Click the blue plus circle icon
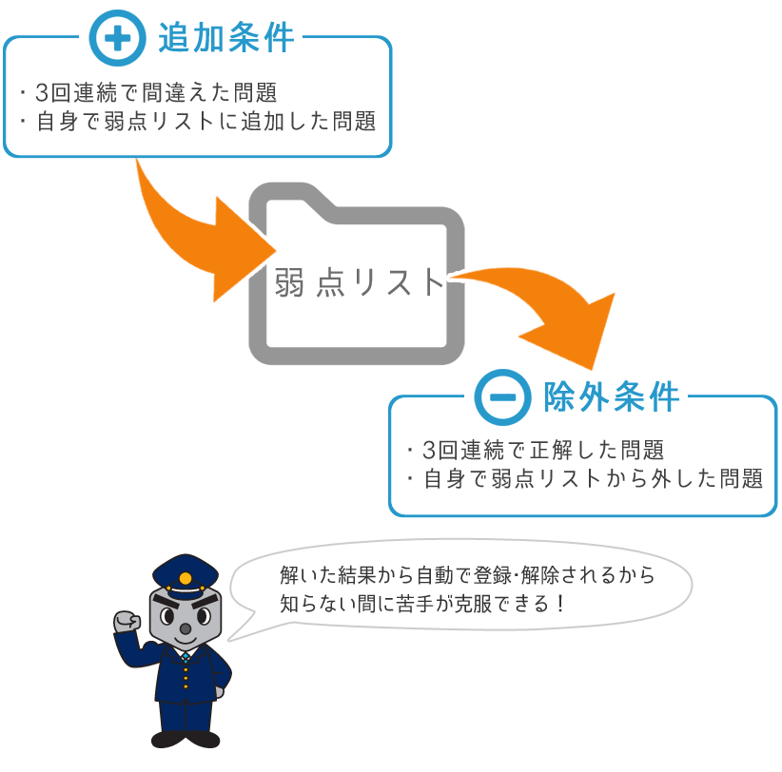(117, 38)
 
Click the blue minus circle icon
(502, 397)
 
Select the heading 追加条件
(225, 38)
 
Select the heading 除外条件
(612, 397)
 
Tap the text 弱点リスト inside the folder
(359, 282)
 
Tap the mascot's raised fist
(127, 621)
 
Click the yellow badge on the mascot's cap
(186, 579)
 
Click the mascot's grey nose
(186, 629)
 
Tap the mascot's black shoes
(186, 739)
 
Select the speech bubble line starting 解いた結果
(467, 575)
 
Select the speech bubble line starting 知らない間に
(422, 604)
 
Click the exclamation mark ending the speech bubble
(561, 604)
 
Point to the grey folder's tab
(292, 195)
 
